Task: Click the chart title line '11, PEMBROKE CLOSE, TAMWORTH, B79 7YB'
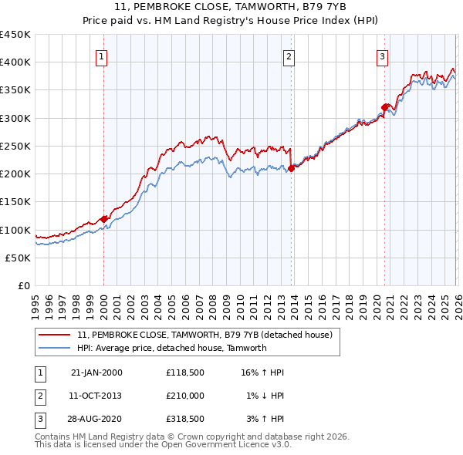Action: click(231, 6)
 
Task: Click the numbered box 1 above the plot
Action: click(103, 56)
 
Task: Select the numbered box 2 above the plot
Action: click(289, 56)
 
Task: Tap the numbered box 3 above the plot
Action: click(382, 56)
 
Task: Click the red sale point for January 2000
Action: click(103, 219)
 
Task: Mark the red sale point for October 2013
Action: click(292, 168)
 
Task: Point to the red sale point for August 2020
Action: click(385, 107)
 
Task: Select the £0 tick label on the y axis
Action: click(23, 285)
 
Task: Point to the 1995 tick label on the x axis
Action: click(35, 302)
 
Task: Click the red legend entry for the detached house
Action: click(204, 335)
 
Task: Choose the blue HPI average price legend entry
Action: click(171, 348)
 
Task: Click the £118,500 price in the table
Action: click(185, 372)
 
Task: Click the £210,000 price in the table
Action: click(185, 396)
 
